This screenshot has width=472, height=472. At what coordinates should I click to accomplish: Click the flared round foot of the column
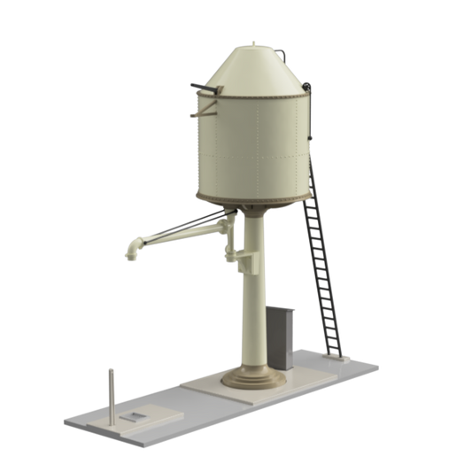(x=253, y=378)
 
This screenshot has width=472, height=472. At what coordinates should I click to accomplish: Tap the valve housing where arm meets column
(x=241, y=258)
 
